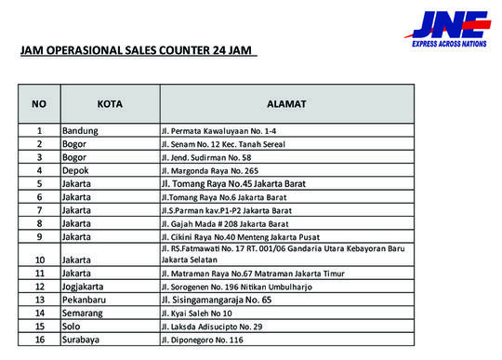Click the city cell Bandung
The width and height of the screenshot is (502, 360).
80,131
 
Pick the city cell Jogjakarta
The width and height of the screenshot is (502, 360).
86,287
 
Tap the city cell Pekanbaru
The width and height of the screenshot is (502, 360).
85,300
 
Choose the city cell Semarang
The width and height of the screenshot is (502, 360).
84,313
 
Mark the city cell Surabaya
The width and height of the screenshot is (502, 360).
82,340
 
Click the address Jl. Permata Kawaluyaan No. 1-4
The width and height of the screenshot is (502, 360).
217,131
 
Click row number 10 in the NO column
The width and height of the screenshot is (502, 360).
39,259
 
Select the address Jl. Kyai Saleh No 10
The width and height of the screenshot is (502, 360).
199,313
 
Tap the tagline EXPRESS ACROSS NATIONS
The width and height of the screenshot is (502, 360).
451,43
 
